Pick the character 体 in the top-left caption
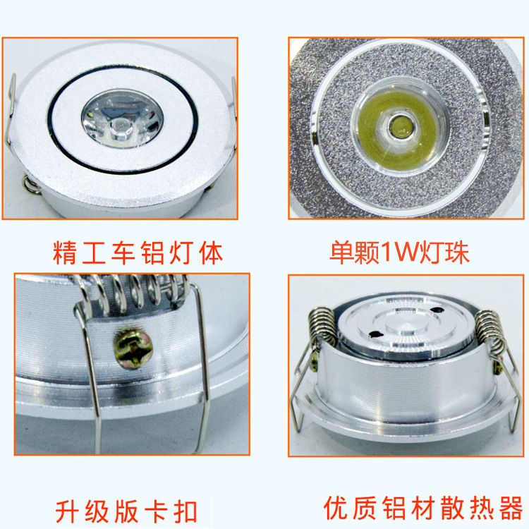tap(209, 252)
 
